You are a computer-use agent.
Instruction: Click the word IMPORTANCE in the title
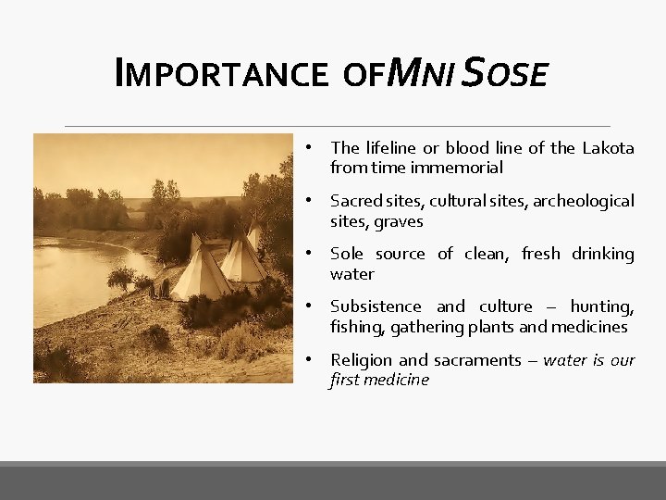click(220, 73)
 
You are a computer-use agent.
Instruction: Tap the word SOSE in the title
click(506, 72)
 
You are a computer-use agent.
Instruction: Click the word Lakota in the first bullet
click(608, 148)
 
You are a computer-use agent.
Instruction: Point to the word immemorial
click(462, 168)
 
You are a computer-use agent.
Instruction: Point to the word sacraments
click(460, 360)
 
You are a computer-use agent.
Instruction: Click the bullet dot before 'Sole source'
click(315, 254)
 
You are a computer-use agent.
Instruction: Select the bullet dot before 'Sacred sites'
click(315, 201)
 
